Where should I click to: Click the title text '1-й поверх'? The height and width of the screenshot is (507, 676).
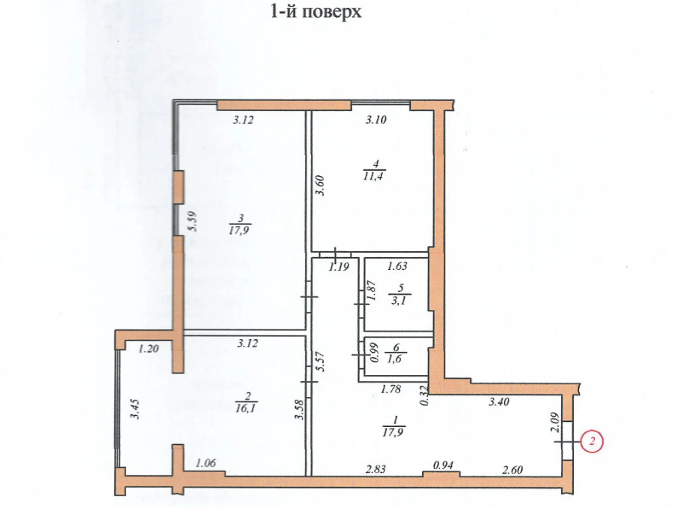click(x=316, y=11)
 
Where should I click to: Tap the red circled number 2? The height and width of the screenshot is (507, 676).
click(x=591, y=442)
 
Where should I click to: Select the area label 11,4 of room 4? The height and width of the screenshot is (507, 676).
click(x=373, y=176)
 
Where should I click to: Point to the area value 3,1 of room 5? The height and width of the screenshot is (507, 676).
click(x=398, y=300)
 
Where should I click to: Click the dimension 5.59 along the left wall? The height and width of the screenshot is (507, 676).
click(x=193, y=221)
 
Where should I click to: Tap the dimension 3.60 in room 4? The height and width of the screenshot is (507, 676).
click(x=321, y=185)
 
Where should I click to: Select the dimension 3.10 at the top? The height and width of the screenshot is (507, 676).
click(x=376, y=120)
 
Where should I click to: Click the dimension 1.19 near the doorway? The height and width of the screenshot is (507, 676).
click(x=339, y=267)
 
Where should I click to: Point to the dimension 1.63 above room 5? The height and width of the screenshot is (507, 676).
click(x=397, y=266)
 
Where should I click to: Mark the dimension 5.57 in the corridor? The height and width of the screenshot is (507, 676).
click(x=321, y=362)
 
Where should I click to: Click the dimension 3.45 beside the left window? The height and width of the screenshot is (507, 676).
click(x=135, y=409)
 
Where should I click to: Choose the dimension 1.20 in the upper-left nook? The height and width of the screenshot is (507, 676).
click(x=148, y=349)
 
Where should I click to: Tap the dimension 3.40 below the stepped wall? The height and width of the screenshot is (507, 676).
click(x=499, y=401)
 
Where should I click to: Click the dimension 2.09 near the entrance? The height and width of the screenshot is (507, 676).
click(x=555, y=422)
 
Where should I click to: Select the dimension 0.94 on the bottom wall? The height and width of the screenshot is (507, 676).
click(x=443, y=465)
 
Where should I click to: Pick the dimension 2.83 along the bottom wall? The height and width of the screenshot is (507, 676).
click(x=375, y=469)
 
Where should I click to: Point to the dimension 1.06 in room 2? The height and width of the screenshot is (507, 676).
click(x=206, y=463)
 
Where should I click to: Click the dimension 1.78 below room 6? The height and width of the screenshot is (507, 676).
click(x=390, y=389)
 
